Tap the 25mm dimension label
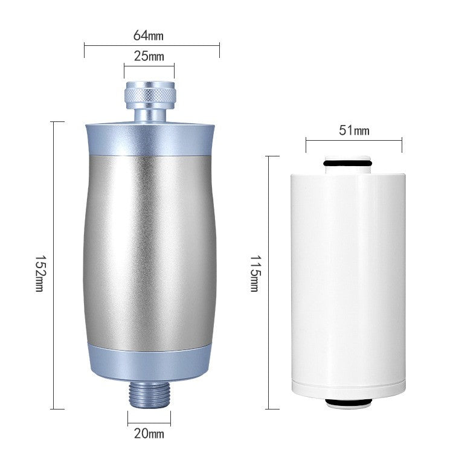(149, 57)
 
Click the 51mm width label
(353, 130)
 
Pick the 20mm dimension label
(149, 433)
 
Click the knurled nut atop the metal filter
(149, 94)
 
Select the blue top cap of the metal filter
(150, 136)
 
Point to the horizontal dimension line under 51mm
(353, 141)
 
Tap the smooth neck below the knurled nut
(149, 114)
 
